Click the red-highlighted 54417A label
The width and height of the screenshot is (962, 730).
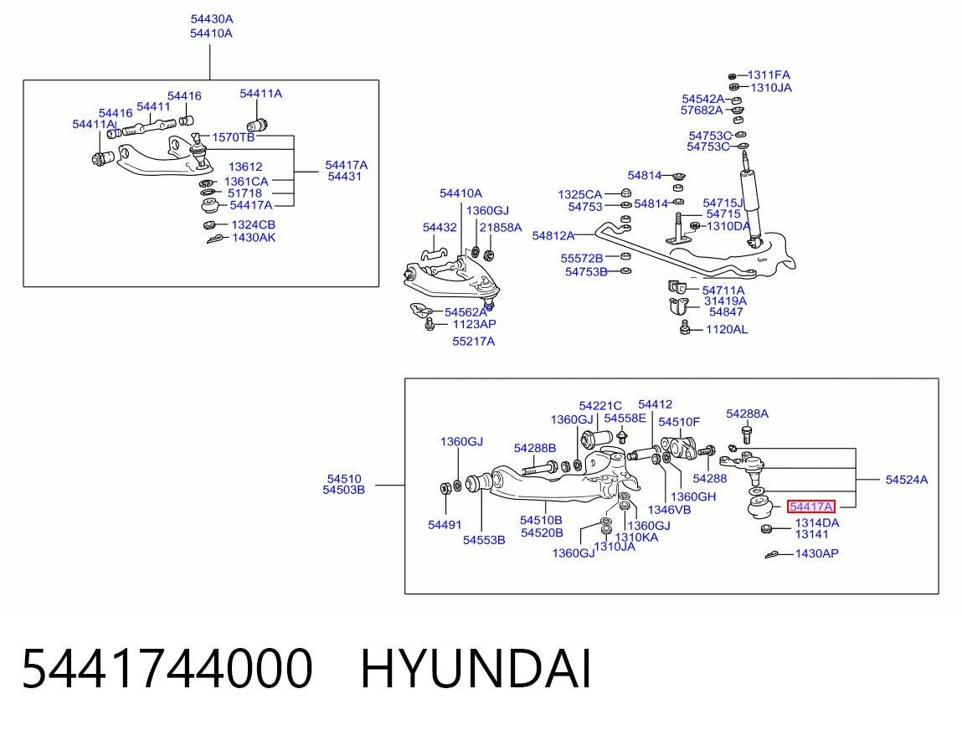(x=811, y=506)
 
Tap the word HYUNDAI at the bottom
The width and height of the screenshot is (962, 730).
(x=476, y=669)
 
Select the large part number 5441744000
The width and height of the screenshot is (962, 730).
(x=167, y=669)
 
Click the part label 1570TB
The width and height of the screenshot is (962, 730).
(x=233, y=137)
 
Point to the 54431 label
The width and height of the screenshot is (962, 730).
(x=345, y=177)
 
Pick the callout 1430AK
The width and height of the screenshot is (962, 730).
(x=254, y=238)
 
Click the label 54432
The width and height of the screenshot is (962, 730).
(x=440, y=228)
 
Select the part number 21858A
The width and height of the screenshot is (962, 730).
(x=501, y=228)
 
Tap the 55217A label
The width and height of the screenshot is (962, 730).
(x=474, y=341)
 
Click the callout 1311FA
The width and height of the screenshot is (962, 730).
(x=769, y=75)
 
